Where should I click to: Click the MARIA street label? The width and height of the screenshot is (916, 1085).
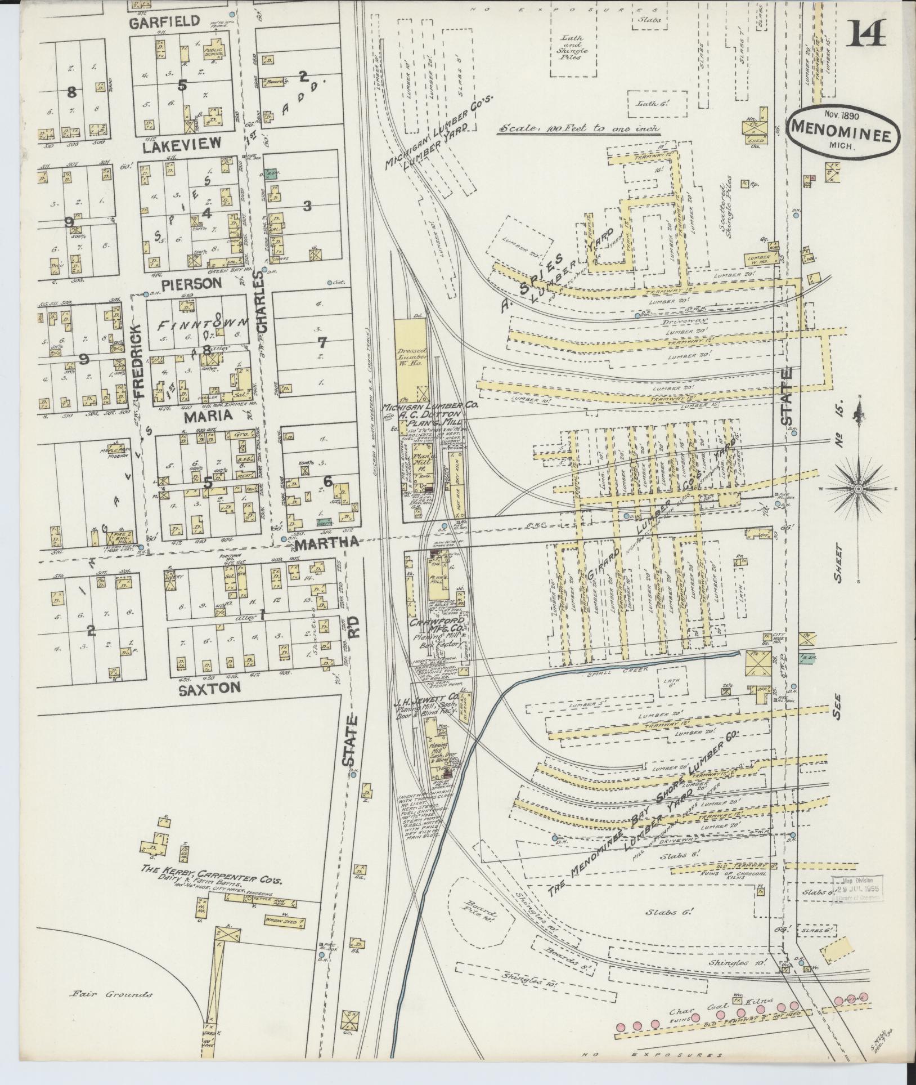click(196, 416)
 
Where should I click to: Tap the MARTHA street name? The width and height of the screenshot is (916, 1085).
click(326, 543)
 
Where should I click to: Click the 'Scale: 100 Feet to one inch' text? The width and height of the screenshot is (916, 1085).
click(578, 129)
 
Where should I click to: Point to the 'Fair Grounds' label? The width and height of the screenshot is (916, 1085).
click(111, 994)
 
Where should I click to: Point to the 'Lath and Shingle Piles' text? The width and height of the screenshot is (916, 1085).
click(573, 47)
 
